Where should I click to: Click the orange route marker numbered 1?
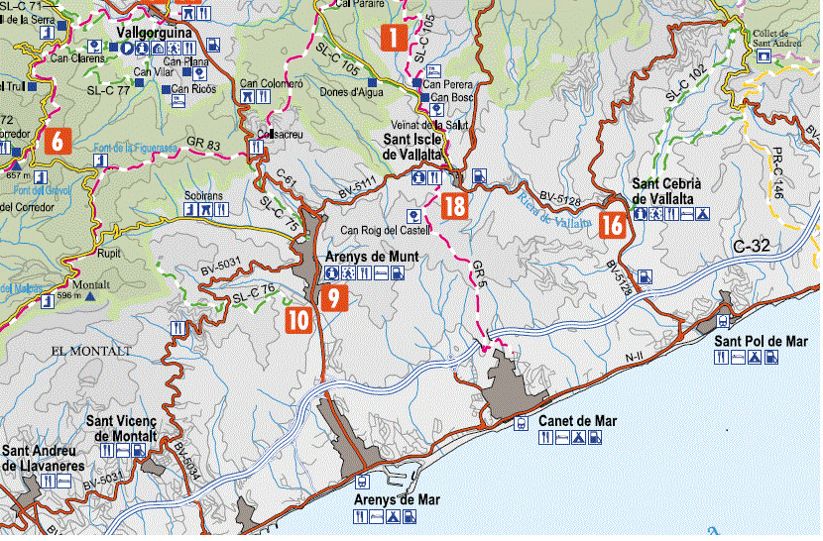point(393,39)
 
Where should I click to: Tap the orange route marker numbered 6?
point(57,141)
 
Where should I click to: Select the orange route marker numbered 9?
point(333,297)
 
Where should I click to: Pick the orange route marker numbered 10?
point(298,319)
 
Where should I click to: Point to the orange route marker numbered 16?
point(612,225)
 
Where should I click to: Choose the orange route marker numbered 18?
point(454,206)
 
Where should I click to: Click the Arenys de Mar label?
point(397,499)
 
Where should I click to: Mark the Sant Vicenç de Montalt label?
point(122,429)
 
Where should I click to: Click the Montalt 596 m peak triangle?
point(91,295)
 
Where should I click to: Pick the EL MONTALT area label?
point(90,352)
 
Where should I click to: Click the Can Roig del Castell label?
point(383,231)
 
